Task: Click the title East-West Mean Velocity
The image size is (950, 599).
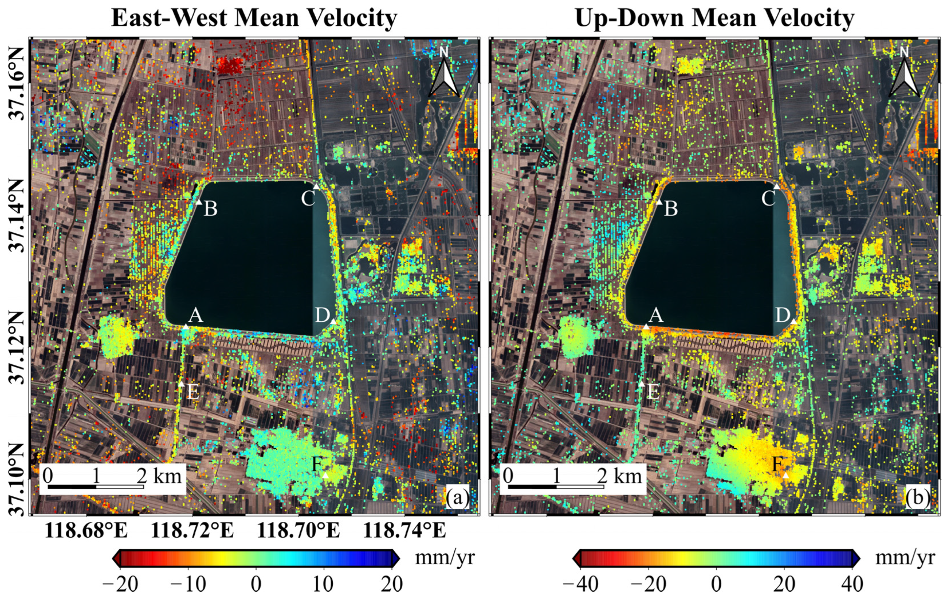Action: click(254, 18)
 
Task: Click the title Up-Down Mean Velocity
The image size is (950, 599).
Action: click(715, 18)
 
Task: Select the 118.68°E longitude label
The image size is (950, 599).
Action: click(86, 531)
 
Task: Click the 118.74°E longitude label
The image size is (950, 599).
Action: click(404, 531)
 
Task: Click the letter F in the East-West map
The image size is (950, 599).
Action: click(318, 465)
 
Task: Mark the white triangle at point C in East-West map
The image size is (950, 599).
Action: click(316, 187)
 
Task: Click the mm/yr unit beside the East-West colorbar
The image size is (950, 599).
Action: click(445, 558)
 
